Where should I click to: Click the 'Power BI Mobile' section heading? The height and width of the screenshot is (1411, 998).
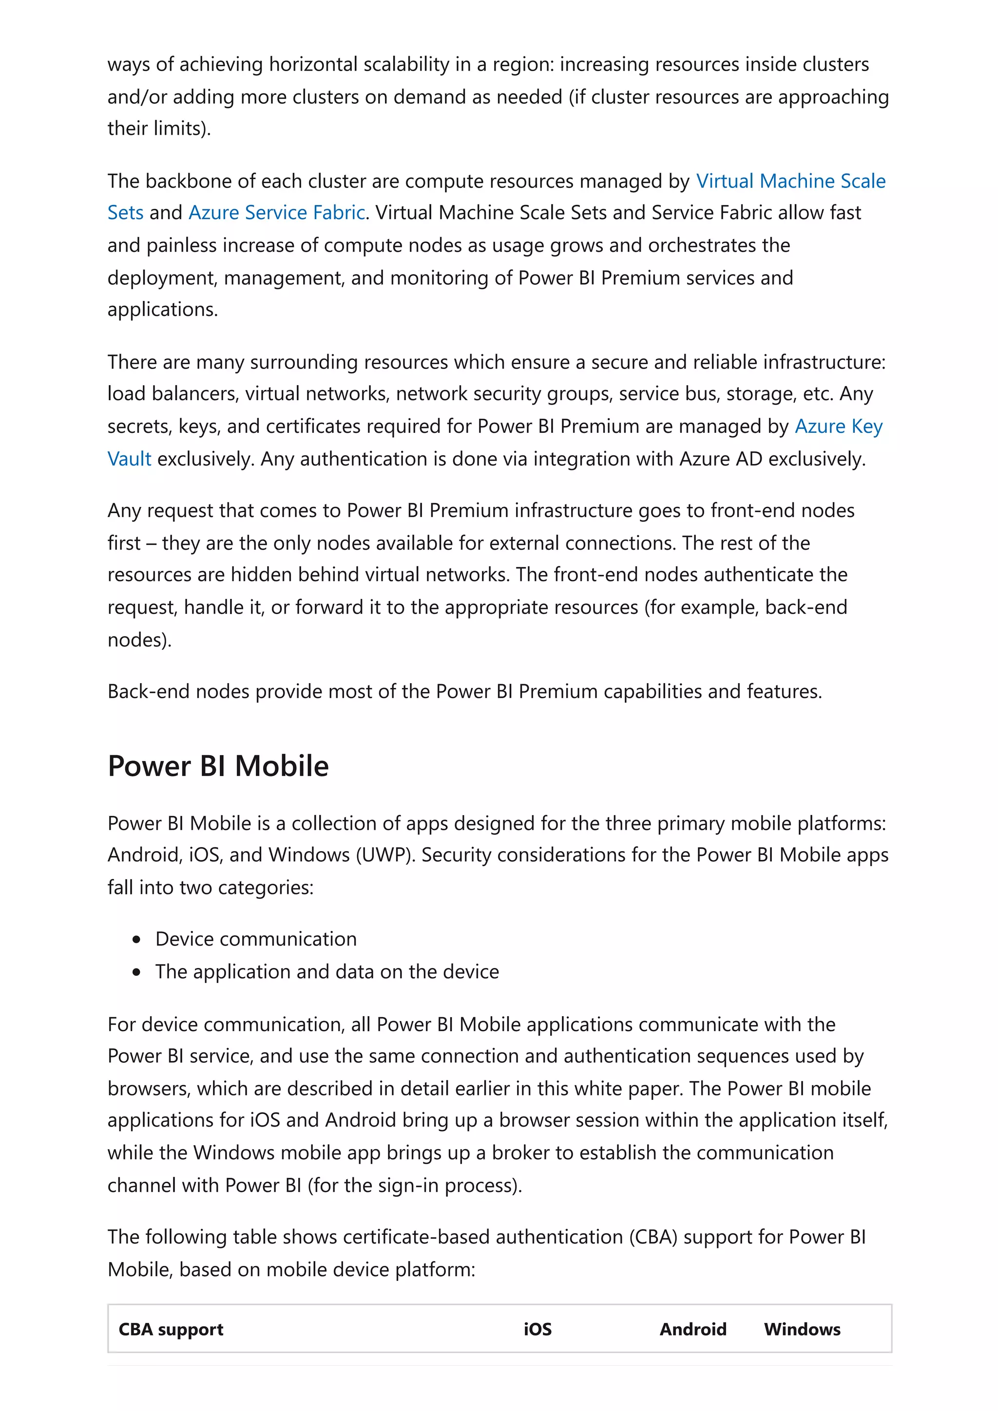pos(218,766)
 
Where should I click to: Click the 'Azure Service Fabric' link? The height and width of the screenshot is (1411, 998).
pos(276,213)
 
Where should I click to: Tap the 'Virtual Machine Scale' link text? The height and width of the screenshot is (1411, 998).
pos(790,181)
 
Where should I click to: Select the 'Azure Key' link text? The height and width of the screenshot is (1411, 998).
pos(838,427)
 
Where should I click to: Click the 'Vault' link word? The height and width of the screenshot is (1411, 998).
pos(129,459)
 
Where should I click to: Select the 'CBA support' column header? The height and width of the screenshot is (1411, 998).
pos(171,1329)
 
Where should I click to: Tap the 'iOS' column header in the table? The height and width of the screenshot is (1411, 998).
pos(537,1329)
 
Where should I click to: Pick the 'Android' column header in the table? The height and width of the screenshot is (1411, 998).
pos(692,1329)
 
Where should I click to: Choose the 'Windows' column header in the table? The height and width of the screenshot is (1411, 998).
pos(801,1329)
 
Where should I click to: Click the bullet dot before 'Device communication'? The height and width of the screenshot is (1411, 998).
pos(136,940)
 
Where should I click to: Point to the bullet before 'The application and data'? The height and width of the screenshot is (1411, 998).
pos(136,972)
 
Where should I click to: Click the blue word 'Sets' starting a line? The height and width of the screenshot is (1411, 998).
pos(125,213)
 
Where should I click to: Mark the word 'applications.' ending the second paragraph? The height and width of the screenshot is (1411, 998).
pos(162,310)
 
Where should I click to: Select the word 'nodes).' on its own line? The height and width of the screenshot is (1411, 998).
pos(139,640)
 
